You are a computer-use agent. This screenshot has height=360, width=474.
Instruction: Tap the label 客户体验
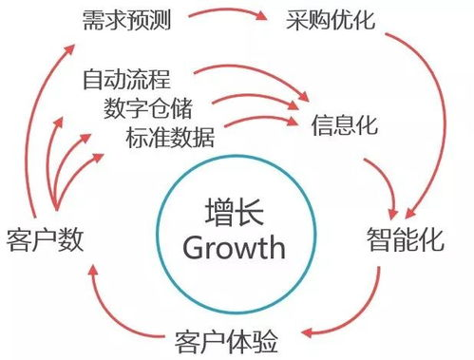coord(229,338)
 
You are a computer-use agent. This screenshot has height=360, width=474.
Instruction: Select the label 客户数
coord(44,239)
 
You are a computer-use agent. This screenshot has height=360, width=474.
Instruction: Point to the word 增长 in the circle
coord(234,211)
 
